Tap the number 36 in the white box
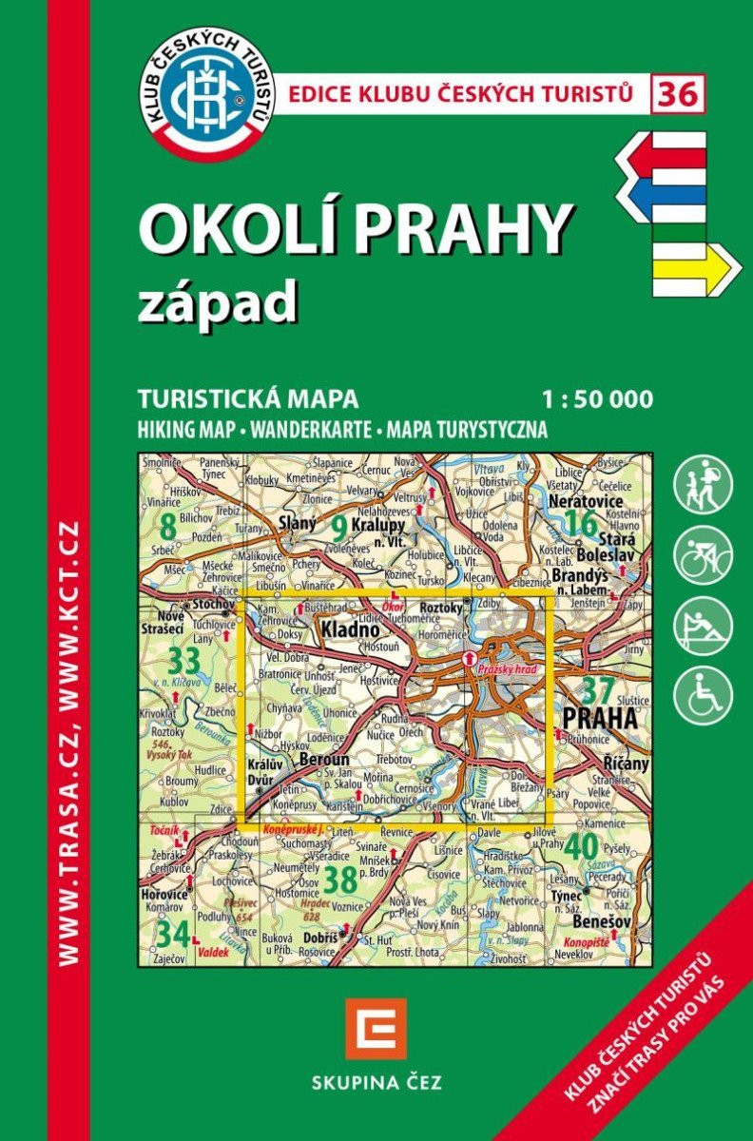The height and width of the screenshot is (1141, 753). pyautogui.click(x=678, y=94)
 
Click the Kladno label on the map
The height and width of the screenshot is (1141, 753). pyautogui.click(x=351, y=629)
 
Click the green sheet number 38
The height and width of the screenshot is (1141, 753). pyautogui.click(x=339, y=880)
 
